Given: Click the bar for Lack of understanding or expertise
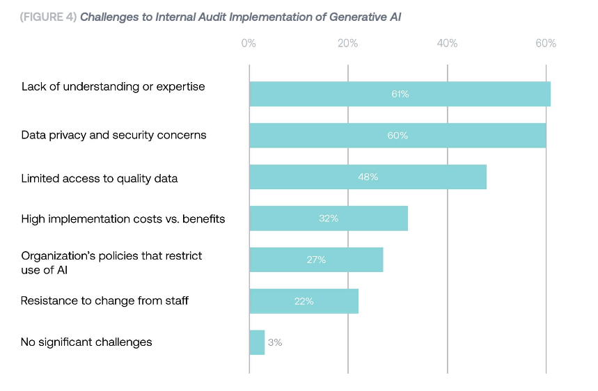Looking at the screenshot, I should (400, 94).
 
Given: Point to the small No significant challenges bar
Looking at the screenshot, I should (257, 342).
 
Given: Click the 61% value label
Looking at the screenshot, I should (400, 94).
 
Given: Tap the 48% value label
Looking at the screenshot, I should (368, 177).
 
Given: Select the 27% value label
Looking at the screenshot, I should (316, 260).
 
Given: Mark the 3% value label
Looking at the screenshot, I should (275, 342).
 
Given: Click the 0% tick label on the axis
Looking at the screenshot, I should (249, 44).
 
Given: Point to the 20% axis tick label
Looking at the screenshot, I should (347, 44).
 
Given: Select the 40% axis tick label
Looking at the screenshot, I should (447, 44).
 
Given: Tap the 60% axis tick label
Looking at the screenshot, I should (546, 44).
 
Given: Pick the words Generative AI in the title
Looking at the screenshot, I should (372, 17).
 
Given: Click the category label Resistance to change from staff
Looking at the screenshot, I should (104, 301).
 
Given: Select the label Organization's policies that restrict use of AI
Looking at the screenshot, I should (111, 262).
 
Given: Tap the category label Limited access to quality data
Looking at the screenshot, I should (100, 179).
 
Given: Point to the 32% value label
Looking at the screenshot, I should (328, 218).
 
